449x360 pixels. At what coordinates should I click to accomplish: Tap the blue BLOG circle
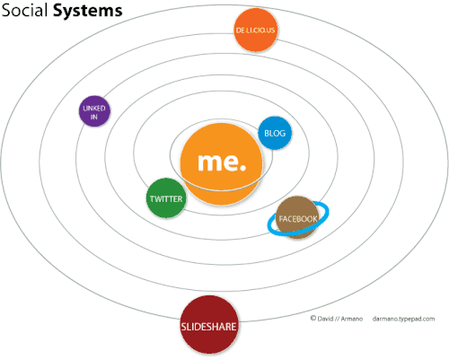point(274,134)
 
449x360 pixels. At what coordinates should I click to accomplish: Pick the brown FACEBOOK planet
point(297,218)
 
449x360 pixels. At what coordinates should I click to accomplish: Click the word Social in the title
point(28,13)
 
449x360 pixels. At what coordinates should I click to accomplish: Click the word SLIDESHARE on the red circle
point(209,327)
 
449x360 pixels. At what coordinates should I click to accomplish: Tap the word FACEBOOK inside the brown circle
point(297,219)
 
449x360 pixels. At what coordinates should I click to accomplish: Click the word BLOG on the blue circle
point(274,134)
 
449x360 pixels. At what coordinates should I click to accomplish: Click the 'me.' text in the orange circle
point(221,163)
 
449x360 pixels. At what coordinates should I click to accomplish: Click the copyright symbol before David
point(313,318)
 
